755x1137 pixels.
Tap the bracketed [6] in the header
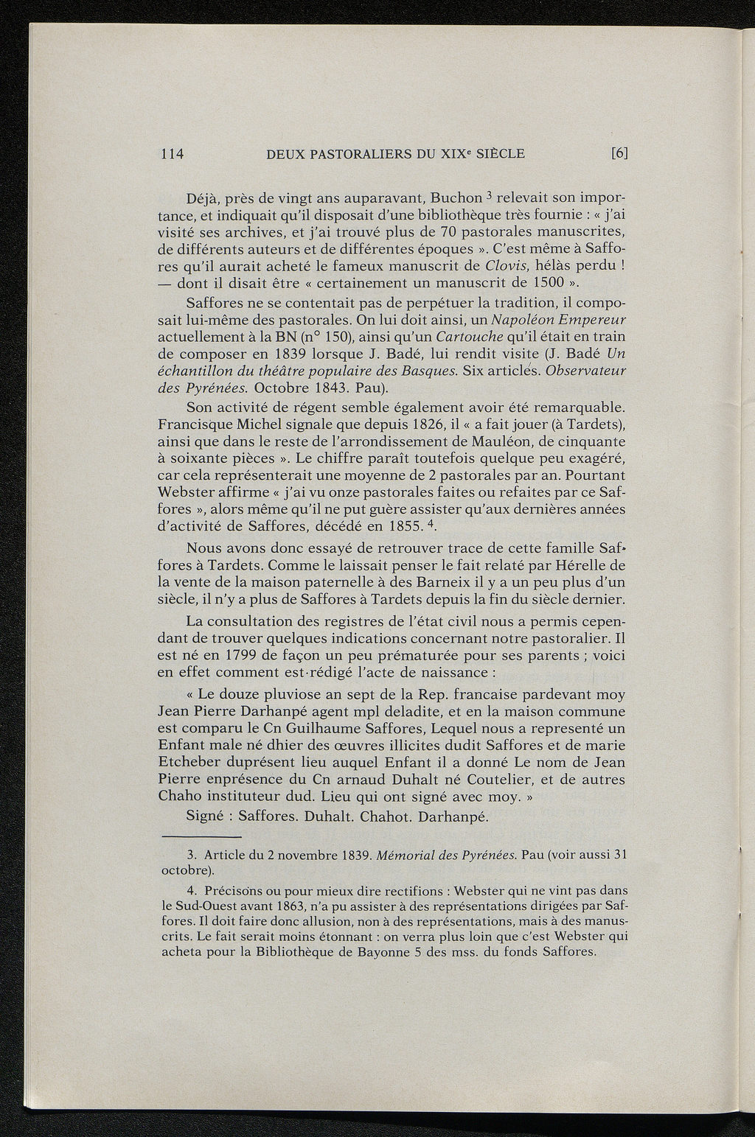[619, 154]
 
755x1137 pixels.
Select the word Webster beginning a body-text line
[185, 492]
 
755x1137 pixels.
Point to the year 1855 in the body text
[389, 526]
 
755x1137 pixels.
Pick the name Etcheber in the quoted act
[188, 763]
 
